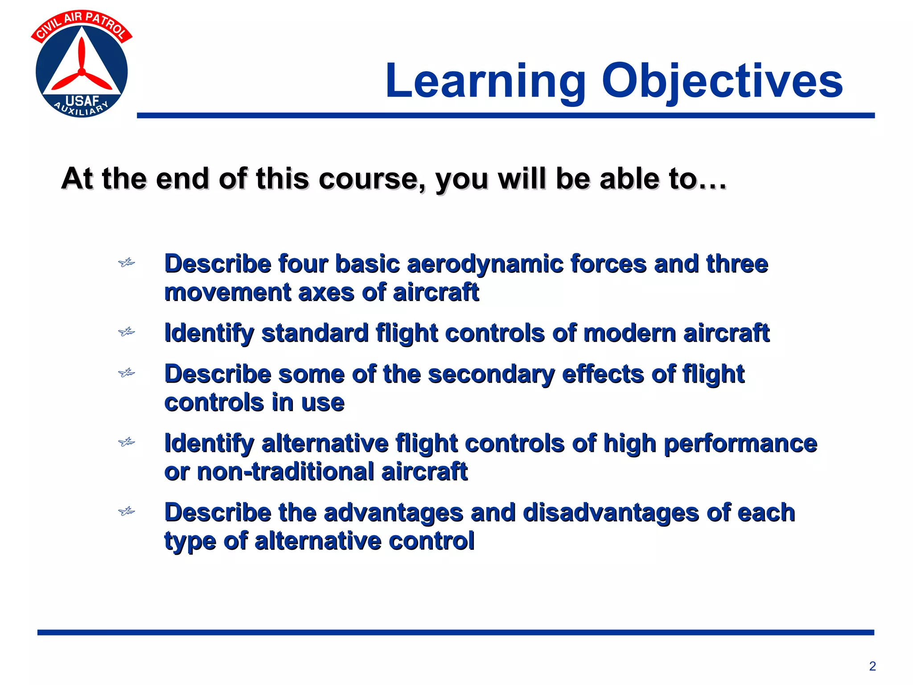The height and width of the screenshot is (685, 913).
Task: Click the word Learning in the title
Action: click(486, 81)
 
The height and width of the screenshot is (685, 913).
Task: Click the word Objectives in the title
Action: click(722, 81)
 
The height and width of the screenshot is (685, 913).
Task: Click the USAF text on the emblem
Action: click(82, 101)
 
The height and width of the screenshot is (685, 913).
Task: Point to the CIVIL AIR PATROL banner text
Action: click(82, 25)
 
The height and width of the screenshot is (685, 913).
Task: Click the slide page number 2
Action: click(872, 666)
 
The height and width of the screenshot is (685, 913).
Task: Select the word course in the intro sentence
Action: click(372, 179)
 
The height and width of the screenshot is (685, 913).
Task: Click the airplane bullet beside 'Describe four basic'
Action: click(127, 263)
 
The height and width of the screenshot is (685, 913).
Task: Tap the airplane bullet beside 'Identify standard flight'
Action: click(127, 332)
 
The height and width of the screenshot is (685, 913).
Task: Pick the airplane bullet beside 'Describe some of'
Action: click(127, 372)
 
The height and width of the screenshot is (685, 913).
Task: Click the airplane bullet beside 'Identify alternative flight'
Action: click(127, 442)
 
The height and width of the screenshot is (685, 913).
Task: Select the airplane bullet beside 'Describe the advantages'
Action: click(127, 511)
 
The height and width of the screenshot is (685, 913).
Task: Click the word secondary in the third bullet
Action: click(491, 374)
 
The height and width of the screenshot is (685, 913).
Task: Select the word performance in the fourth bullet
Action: click(740, 444)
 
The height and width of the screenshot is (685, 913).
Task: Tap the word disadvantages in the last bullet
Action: click(611, 513)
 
